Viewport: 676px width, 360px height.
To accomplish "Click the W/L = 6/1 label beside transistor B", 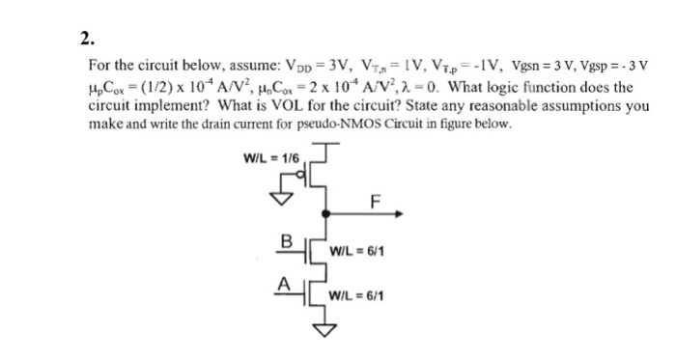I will tap(357, 254).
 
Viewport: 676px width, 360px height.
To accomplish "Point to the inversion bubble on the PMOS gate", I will tap(306, 177).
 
